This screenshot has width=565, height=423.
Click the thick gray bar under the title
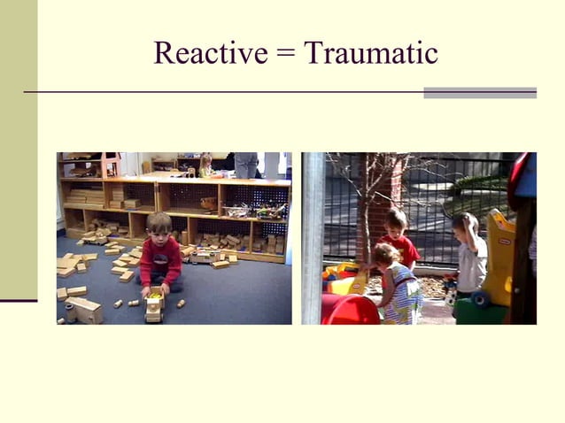[x=479, y=92]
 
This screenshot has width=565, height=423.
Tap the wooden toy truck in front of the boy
[x=154, y=305]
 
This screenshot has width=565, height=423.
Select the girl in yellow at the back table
[x=205, y=164]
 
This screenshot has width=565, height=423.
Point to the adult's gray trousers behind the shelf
[x=246, y=165]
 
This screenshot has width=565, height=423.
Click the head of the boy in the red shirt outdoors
[x=396, y=221]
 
